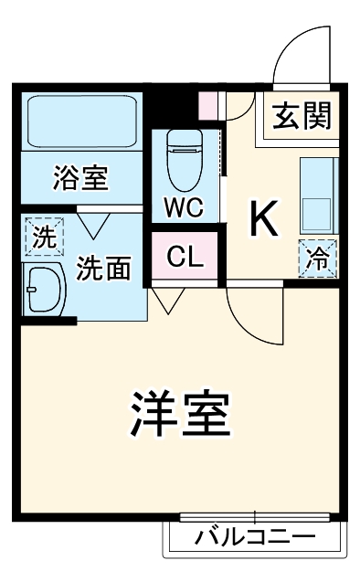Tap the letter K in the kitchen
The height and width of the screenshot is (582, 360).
264,217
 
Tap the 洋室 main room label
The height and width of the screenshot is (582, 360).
180,415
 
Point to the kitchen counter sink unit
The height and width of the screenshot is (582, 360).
319,196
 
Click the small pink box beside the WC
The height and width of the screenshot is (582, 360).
210,105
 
